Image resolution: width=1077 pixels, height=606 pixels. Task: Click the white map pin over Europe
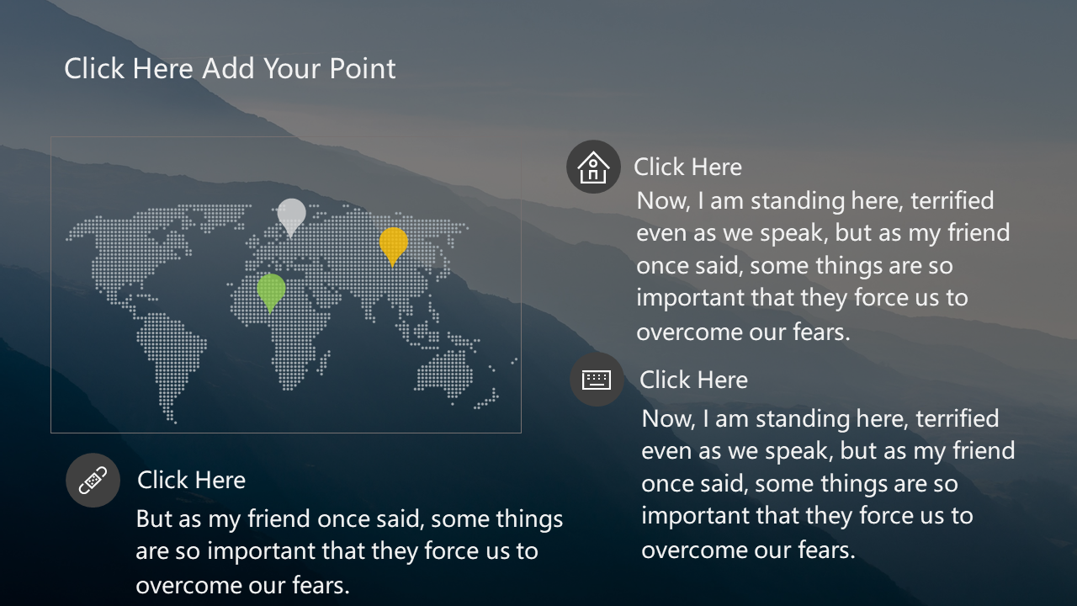click(291, 216)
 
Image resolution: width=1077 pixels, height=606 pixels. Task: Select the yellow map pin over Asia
click(393, 245)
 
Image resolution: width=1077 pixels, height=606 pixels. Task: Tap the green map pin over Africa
click(271, 292)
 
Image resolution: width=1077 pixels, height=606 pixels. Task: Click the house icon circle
click(593, 167)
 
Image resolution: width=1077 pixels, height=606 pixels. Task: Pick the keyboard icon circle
click(597, 380)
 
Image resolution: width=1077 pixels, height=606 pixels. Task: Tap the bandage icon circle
click(93, 480)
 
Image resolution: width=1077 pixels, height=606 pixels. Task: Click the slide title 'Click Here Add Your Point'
click(230, 68)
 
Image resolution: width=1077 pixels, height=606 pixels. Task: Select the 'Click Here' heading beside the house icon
click(687, 167)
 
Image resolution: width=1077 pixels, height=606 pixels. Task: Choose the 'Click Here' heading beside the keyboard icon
click(693, 380)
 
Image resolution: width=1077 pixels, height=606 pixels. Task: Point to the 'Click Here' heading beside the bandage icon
click(191, 480)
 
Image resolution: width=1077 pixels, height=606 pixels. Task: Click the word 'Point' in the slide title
click(363, 68)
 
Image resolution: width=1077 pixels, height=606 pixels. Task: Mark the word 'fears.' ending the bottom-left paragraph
click(321, 585)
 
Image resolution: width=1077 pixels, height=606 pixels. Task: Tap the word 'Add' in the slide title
click(228, 68)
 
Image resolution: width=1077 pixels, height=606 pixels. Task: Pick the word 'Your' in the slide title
click(292, 68)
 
